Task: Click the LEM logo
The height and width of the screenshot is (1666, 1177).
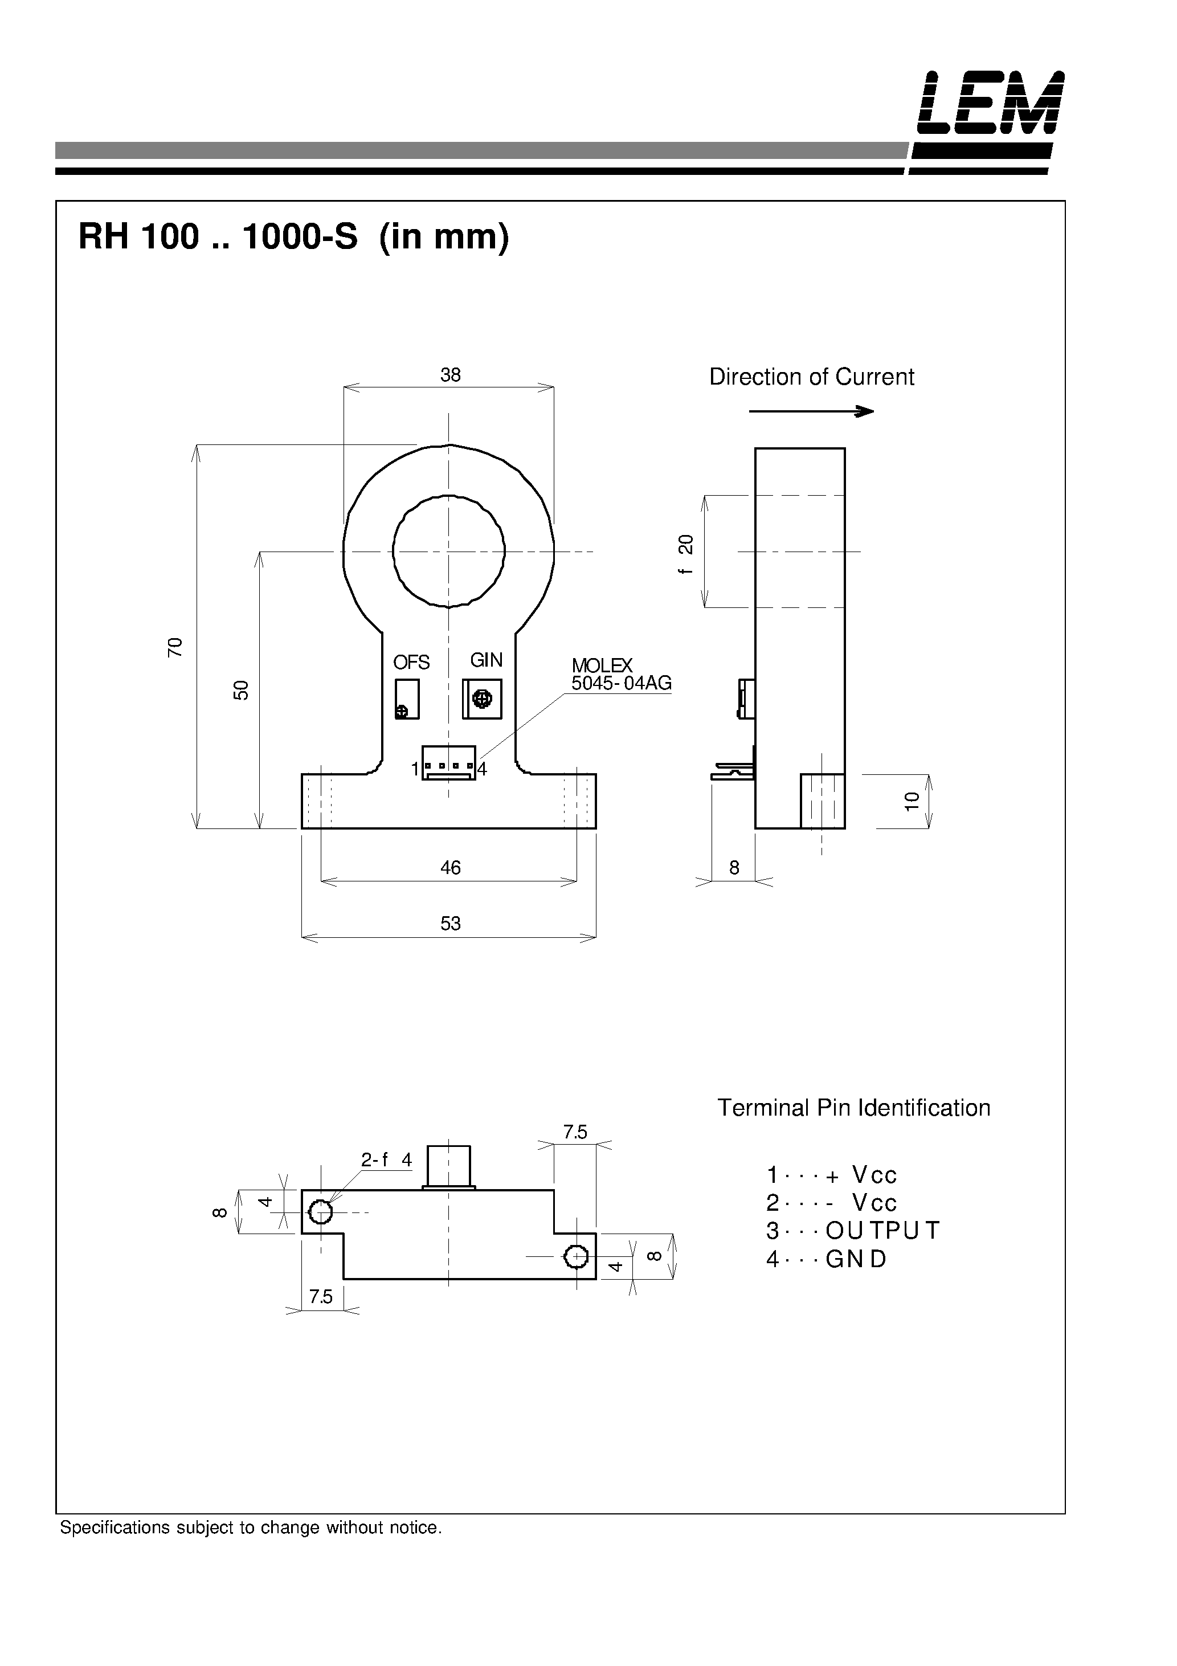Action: [x=991, y=103]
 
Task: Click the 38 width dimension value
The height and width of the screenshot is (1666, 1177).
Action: [x=450, y=375]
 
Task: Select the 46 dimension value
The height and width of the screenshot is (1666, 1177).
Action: [x=450, y=867]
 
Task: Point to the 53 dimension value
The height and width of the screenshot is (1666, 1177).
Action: [x=450, y=923]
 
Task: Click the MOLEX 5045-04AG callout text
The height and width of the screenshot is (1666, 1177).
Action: [x=621, y=674]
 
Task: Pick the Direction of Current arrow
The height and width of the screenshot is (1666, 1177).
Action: [x=811, y=411]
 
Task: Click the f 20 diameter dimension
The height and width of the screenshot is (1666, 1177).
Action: [x=686, y=554]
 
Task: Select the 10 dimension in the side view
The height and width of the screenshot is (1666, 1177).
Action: [x=912, y=801]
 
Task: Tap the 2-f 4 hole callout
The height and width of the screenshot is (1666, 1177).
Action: [x=386, y=1159]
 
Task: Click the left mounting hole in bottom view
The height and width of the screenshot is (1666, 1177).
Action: [x=320, y=1211]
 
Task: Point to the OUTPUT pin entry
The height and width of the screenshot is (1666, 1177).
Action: [x=853, y=1231]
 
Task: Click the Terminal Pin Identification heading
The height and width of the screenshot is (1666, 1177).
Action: [x=853, y=1108]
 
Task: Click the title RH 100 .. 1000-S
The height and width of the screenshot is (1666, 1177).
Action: [x=218, y=236]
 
